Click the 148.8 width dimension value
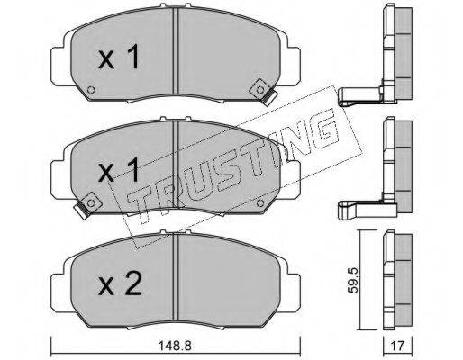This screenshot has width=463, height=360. tap(175, 346)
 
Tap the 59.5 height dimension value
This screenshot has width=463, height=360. tap(354, 281)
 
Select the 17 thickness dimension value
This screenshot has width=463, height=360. tap(397, 346)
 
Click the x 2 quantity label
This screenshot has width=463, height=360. tap(120, 284)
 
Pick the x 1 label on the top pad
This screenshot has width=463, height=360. tap(119, 57)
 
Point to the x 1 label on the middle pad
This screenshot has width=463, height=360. tap(119, 170)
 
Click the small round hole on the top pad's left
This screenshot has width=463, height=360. tap(91, 90)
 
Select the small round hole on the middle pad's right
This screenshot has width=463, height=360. tap(260, 203)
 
